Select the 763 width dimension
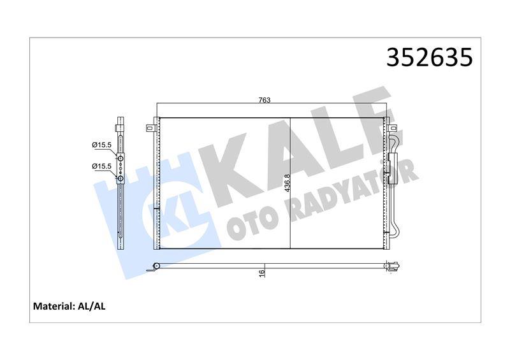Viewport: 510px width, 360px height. tap(265, 99)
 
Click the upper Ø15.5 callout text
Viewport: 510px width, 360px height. tap(102, 145)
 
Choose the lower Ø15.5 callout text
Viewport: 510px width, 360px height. tap(102, 166)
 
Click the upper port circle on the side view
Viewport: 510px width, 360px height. tap(120, 156)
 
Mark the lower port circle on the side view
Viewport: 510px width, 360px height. tap(120, 178)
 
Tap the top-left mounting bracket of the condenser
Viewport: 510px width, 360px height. tap(150, 127)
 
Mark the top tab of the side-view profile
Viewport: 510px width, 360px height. tap(120, 121)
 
